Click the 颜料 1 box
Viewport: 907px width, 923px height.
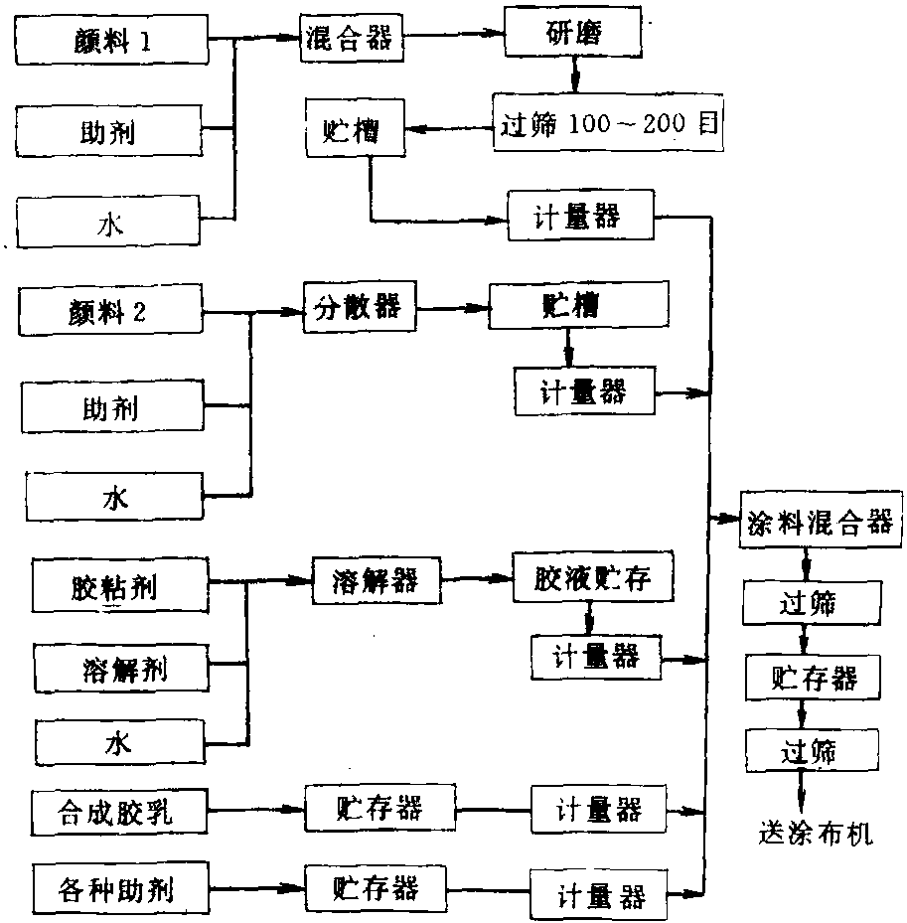[x=111, y=40]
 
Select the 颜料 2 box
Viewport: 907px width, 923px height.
[x=110, y=310]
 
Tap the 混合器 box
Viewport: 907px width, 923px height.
[x=352, y=38]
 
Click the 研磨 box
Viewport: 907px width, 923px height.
[x=572, y=33]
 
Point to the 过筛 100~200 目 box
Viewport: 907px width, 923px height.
[x=608, y=122]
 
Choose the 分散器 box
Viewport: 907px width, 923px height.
[x=360, y=307]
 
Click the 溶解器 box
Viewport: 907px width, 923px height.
[x=377, y=580]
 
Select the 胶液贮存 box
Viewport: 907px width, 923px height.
[x=593, y=577]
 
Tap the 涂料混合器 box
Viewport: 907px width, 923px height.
[x=821, y=520]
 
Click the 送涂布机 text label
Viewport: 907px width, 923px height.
[x=816, y=833]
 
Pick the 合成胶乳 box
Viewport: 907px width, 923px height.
[x=119, y=813]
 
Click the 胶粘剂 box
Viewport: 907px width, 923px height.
[x=120, y=586]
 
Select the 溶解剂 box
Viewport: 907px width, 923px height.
[x=122, y=668]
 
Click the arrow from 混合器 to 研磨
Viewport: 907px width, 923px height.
[x=454, y=34]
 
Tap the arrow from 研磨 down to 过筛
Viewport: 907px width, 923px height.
[x=575, y=76]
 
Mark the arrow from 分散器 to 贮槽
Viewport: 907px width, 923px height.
[x=453, y=308]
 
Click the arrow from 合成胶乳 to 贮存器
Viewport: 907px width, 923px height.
[x=256, y=810]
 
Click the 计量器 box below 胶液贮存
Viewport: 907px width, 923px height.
[x=596, y=657]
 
